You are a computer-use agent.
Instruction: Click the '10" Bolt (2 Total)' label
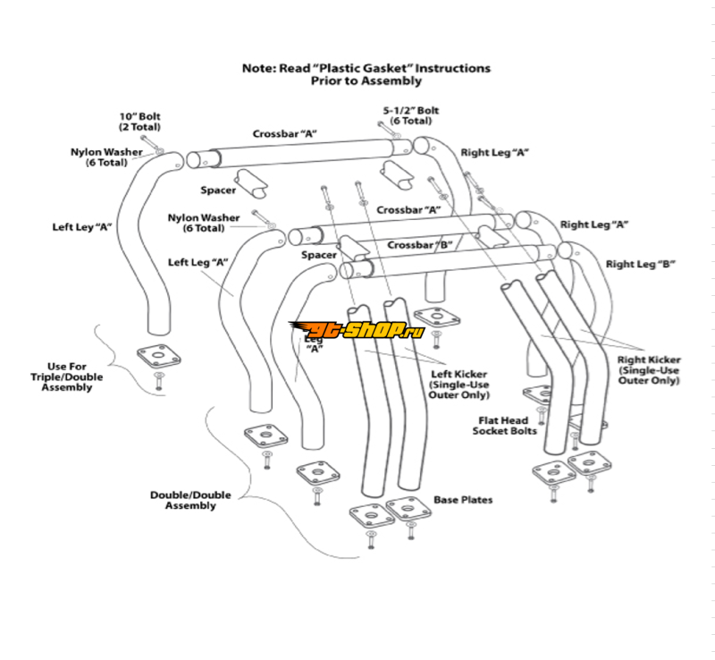click(x=140, y=122)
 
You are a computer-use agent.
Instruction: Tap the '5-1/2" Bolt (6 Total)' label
click(x=410, y=115)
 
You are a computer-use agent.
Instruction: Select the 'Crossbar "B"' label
click(x=420, y=245)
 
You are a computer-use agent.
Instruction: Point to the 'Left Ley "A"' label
click(x=81, y=227)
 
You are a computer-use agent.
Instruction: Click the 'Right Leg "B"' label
click(x=639, y=264)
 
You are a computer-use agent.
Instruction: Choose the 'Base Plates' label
click(x=462, y=499)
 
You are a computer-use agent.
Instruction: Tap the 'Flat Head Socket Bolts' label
click(x=505, y=426)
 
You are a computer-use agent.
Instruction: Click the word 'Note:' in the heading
click(x=260, y=68)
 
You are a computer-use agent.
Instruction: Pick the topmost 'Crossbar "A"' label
click(x=285, y=133)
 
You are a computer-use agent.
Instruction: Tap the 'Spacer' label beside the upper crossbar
click(x=218, y=190)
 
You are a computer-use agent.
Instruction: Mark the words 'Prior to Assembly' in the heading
click(x=366, y=80)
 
